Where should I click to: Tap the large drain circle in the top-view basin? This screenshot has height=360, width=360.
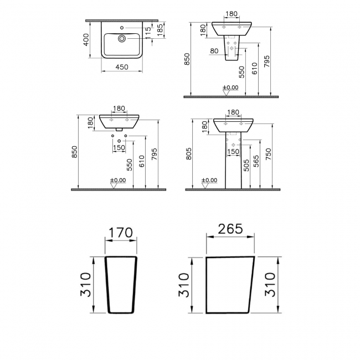tap(122, 38)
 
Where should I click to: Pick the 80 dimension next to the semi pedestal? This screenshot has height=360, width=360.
tap(214, 52)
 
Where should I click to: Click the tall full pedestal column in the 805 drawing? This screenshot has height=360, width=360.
tap(233, 163)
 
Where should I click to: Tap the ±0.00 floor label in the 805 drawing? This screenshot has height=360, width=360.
tap(209, 181)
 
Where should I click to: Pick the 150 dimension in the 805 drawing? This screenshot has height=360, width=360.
tap(233, 151)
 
